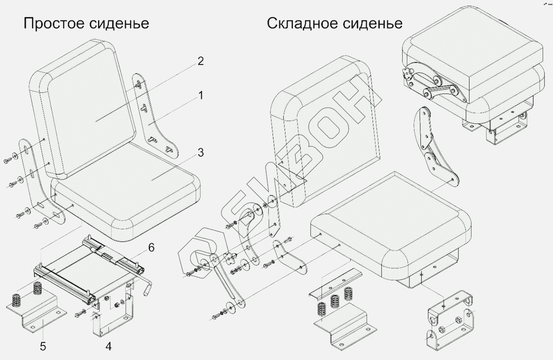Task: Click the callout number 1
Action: coord(200,96)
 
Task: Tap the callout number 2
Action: coord(200,62)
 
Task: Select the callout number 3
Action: coord(200,153)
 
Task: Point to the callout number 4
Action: coord(108,346)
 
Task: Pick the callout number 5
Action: coord(43,346)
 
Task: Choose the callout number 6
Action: coord(151,248)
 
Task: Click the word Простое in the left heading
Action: coord(54,23)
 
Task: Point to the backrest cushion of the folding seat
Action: coord(328,125)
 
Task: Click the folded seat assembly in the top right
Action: coord(474,75)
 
